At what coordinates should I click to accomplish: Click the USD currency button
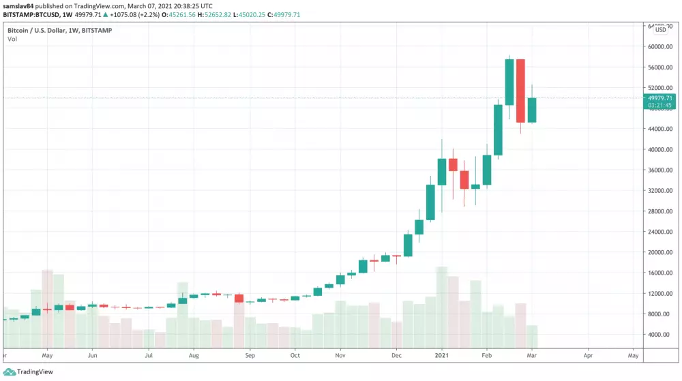coord(660,29)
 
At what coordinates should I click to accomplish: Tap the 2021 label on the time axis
coord(443,355)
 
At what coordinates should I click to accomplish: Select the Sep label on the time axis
coord(250,355)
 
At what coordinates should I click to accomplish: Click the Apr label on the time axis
coord(588,355)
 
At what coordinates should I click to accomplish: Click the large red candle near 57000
coord(521,91)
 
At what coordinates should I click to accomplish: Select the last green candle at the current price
coord(532,110)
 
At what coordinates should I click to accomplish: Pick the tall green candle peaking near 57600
coord(509,82)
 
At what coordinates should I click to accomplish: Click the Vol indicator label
coord(12,40)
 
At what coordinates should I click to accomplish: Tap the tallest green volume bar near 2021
coord(442,307)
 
